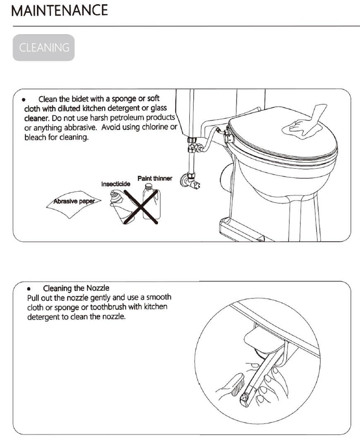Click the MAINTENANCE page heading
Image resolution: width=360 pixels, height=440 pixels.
60,10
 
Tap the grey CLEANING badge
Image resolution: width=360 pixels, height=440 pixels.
44,48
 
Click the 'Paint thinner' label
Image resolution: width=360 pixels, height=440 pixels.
155,178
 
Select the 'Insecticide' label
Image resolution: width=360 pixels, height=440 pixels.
116,183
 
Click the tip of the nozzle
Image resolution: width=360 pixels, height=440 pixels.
245,398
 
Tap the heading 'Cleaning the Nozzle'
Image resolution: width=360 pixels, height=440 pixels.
76,288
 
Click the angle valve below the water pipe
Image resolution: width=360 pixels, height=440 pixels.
191,180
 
